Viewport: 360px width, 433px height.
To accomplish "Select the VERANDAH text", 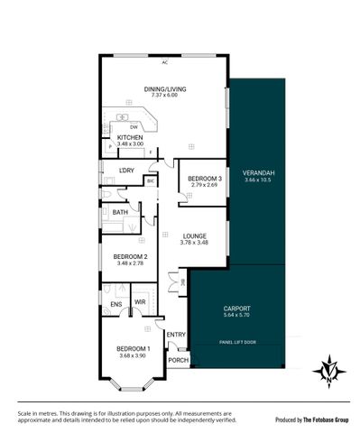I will tap(257, 172).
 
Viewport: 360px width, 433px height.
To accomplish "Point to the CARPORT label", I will tap(235, 309).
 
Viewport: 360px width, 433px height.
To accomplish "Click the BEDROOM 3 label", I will tap(204, 179).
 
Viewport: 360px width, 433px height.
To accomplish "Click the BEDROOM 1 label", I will tap(133, 348).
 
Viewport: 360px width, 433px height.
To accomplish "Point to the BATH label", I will tap(120, 213).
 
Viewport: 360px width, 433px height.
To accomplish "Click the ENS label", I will tap(115, 304).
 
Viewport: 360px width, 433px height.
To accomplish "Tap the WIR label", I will tap(140, 302).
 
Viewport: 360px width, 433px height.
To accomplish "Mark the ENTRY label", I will tap(176, 335).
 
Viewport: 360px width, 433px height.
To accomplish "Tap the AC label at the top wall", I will tap(165, 62).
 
